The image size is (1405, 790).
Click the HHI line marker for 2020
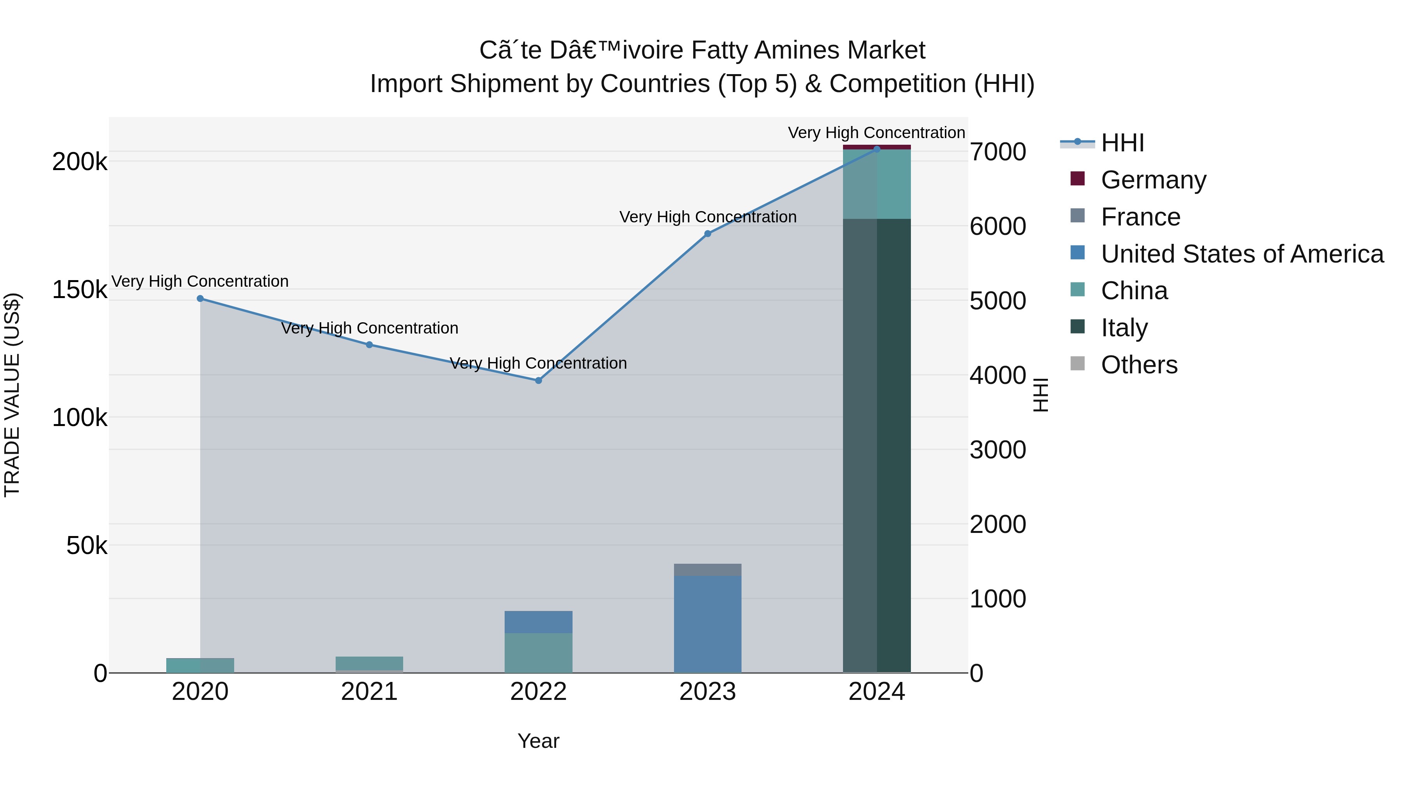200,299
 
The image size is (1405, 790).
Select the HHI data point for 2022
538,380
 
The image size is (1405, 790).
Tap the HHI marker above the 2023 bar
708,234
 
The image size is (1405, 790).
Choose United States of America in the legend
1242,254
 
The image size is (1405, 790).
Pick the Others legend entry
1139,365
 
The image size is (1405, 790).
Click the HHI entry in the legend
1122,143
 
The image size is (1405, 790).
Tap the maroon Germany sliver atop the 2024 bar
877,147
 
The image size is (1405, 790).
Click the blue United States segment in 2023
708,624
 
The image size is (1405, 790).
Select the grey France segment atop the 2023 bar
708,570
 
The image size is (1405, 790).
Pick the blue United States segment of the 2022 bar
538,622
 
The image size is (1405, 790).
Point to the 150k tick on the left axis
80,290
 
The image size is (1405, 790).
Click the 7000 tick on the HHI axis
998,152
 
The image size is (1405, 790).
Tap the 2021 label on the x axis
369,692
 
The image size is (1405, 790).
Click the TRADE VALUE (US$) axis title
12,395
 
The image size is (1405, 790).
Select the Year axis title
538,741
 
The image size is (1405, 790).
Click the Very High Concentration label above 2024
877,133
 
